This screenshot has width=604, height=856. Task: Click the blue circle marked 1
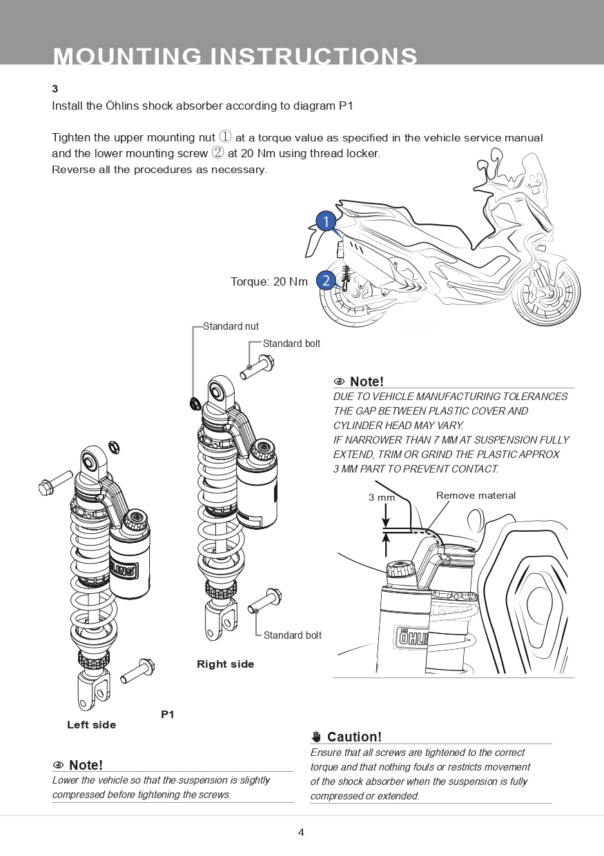coord(326,221)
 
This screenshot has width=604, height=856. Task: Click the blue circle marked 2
coord(326,281)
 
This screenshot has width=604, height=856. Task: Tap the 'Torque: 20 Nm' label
coord(269,281)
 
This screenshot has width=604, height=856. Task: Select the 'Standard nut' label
coord(231,326)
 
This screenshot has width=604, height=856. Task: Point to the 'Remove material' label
coord(476,495)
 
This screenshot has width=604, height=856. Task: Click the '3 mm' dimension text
coord(381,497)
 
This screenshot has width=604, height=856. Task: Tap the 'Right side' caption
coord(225,664)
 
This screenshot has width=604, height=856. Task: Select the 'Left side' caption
coord(91,725)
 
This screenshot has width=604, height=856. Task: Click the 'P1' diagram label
coord(168,715)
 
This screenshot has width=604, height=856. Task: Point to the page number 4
coord(301,833)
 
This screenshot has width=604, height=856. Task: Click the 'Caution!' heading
coord(354,737)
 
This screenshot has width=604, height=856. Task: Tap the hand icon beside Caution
coord(317,737)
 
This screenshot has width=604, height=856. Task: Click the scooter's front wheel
coord(546,293)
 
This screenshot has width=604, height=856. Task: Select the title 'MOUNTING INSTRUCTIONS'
coord(235,55)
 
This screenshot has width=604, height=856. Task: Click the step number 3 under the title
coord(55,89)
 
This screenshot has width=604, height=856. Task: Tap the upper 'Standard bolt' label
coord(291,344)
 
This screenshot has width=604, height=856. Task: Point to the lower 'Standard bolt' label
coord(292,635)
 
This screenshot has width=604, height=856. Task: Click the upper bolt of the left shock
coord(55,481)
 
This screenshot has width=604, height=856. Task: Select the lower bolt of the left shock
coord(137,670)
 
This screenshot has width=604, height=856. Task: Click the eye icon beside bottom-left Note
coord(59,765)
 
